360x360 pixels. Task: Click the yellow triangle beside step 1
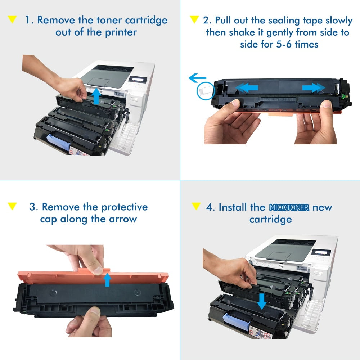[x=12, y=20]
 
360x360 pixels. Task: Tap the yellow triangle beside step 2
[x=194, y=19]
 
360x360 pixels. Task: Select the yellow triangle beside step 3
[x=12, y=206]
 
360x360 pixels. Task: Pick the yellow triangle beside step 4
[x=196, y=206]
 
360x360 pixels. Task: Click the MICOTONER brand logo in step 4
[x=289, y=208]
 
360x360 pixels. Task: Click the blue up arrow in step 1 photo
[x=96, y=96]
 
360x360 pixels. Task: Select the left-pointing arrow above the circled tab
[x=197, y=77]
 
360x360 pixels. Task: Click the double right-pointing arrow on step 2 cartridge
[x=312, y=87]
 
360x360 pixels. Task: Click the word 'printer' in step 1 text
[x=121, y=32]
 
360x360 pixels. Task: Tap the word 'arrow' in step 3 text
[x=121, y=219]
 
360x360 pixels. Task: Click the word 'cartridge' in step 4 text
[x=270, y=219]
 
